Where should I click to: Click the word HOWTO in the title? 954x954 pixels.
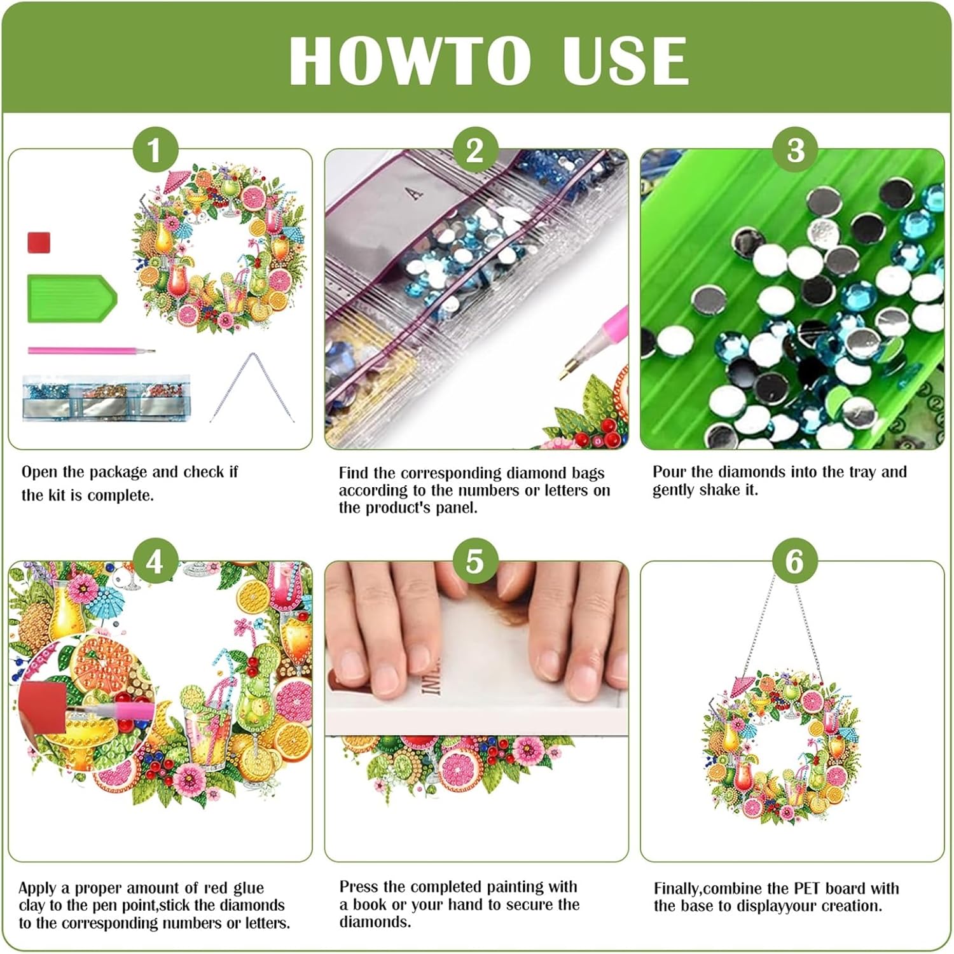[410, 60]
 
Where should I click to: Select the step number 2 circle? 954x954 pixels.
[474, 151]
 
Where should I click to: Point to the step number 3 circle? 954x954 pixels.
[795, 151]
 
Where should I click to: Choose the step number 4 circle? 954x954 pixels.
[155, 562]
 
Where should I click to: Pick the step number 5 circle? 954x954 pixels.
[474, 562]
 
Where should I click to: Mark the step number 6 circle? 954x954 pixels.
[795, 562]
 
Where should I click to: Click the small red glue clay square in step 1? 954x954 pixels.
[39, 242]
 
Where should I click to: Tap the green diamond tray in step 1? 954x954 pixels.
[72, 298]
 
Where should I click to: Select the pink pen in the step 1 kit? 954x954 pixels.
[91, 350]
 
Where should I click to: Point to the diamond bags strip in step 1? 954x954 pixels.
[106, 397]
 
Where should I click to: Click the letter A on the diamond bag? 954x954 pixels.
[415, 192]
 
